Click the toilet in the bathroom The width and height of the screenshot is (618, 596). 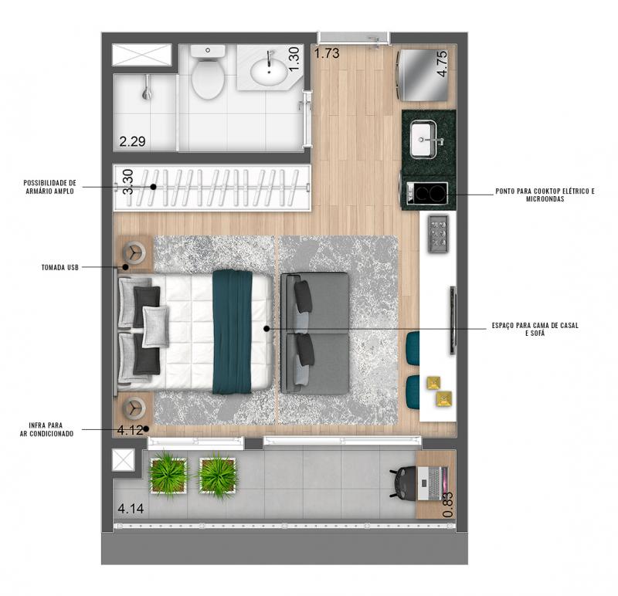click(208, 72)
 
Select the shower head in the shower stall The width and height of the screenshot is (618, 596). click(147, 88)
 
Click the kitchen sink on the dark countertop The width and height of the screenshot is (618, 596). click(423, 140)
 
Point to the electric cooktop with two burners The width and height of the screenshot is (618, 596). click(427, 193)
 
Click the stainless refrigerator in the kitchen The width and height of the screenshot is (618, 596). click(423, 75)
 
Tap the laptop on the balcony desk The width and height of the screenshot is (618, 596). click(433, 483)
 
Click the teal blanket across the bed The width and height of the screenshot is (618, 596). click(233, 332)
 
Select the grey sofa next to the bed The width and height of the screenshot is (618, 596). click(314, 334)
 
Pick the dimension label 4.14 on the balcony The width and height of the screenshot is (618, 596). click(131, 509)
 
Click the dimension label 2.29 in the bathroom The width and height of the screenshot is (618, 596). click(132, 141)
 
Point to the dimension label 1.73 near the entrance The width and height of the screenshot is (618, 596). click(327, 52)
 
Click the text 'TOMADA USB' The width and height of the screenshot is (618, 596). click(60, 267)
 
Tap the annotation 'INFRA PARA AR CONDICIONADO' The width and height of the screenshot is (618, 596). click(46, 429)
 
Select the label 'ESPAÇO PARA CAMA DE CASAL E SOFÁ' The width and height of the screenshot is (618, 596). click(535, 329)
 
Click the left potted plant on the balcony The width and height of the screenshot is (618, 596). click(168, 473)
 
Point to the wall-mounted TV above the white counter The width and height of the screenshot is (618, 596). click(453, 320)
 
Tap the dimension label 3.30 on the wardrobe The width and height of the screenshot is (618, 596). click(128, 181)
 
